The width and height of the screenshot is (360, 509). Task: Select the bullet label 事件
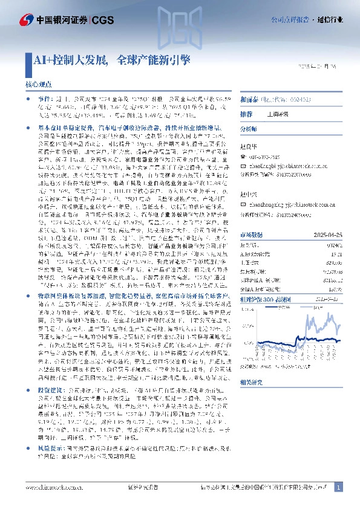click(44, 97)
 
